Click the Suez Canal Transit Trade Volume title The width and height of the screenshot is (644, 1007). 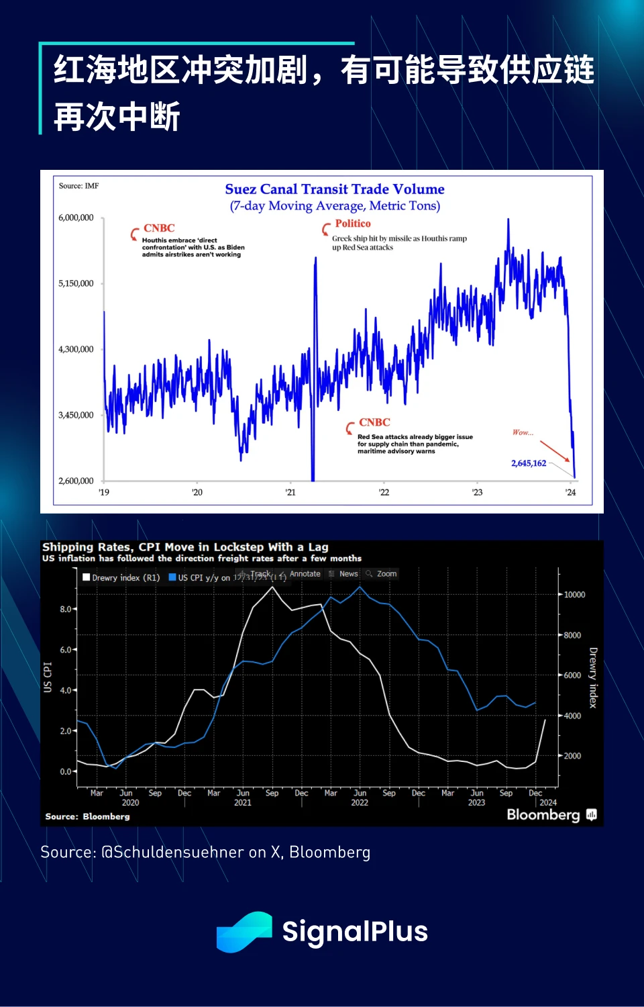[335, 189]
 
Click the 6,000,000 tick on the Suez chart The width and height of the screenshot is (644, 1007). [76, 218]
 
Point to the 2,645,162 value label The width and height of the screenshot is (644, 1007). [529, 463]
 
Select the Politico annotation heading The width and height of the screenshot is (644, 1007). [353, 224]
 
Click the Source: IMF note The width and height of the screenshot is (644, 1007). [78, 186]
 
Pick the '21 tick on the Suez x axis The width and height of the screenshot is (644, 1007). [290, 492]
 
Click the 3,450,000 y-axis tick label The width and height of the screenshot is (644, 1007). [76, 415]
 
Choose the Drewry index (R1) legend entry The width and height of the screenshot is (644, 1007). [121, 577]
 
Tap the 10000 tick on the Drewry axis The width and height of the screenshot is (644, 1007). [574, 595]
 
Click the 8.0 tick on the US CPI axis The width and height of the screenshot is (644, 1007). [65, 609]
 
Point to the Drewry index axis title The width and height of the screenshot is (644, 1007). [593, 677]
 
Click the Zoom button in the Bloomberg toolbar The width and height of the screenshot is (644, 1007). [382, 574]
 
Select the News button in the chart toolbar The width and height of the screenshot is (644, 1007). [344, 574]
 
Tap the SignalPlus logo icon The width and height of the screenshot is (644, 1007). [244, 932]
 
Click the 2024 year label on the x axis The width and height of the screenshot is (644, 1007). [548, 802]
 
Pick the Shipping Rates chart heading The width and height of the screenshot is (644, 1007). [185, 547]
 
